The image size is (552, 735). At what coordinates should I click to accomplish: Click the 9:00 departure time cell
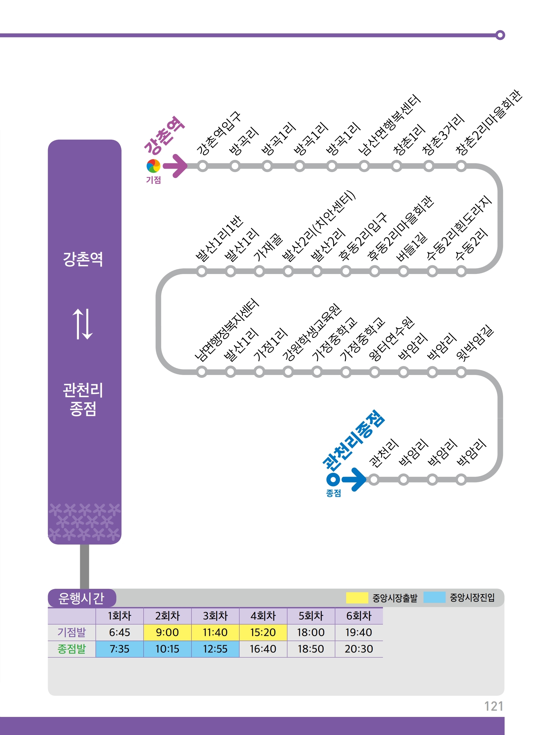(167, 632)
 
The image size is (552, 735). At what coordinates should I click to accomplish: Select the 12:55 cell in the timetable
(215, 649)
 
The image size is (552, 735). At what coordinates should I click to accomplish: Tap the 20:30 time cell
(358, 649)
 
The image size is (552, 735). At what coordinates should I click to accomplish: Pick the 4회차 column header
(263, 616)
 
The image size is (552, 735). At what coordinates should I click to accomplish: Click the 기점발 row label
(71, 632)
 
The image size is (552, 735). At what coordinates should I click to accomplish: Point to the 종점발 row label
(71, 649)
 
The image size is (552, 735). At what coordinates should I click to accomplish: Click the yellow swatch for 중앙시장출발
(357, 598)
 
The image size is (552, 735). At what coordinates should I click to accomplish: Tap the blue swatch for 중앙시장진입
(434, 597)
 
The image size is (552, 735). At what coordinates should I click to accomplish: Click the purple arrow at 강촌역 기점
(176, 166)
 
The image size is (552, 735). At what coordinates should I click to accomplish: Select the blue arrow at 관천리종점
(354, 479)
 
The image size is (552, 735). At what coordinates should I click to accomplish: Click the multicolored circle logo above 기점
(153, 166)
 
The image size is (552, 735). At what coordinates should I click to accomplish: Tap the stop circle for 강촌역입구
(202, 166)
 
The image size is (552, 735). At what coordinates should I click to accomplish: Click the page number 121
(493, 706)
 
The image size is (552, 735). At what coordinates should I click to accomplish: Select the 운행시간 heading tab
(81, 598)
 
